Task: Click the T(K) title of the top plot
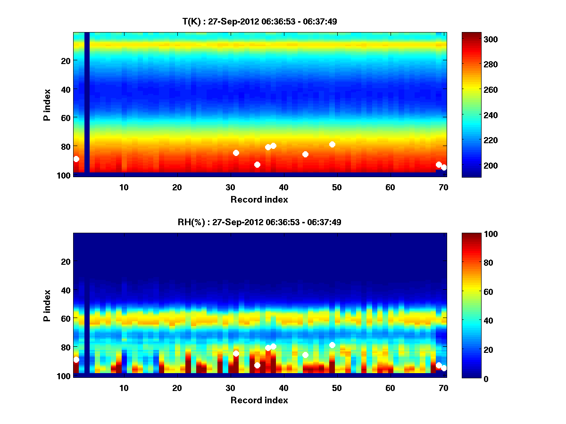(259, 21)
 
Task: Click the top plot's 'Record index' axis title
(259, 199)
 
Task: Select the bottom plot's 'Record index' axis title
(259, 400)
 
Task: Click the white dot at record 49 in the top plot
(332, 144)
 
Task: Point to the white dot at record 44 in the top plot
(305, 154)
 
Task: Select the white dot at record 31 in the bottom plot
(236, 353)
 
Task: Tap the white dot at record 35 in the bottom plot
(257, 365)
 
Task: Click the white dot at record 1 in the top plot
(76, 159)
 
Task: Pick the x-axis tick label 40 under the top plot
(283, 187)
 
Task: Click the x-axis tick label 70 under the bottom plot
(443, 388)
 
